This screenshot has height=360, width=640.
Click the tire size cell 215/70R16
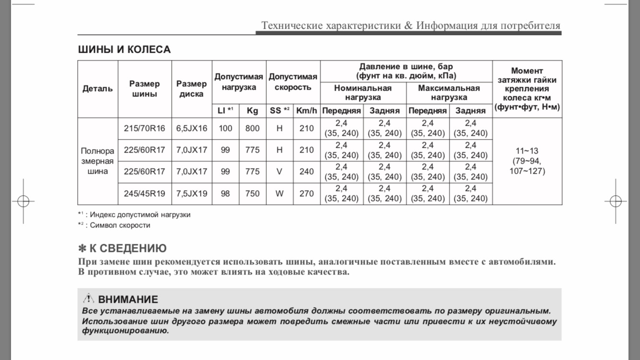point(144,128)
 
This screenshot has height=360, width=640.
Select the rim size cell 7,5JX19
point(191,193)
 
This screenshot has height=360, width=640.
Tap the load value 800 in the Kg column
point(252,128)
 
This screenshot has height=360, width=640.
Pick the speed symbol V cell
point(280,171)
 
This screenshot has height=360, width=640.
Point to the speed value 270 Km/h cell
point(307,193)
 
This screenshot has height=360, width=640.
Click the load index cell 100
point(225,128)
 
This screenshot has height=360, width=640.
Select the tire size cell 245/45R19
point(144,193)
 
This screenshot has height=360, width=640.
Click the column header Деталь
point(98,89)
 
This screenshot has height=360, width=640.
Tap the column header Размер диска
point(191,89)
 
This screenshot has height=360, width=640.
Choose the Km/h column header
point(307,110)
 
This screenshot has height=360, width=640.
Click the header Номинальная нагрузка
point(363,93)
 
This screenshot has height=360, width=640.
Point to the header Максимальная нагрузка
point(449,93)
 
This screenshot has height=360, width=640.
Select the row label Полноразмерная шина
point(98,161)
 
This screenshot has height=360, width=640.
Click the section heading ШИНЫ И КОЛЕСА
point(124,49)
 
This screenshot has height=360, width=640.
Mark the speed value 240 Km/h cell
point(307,171)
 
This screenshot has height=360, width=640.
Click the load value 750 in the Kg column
point(252,193)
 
